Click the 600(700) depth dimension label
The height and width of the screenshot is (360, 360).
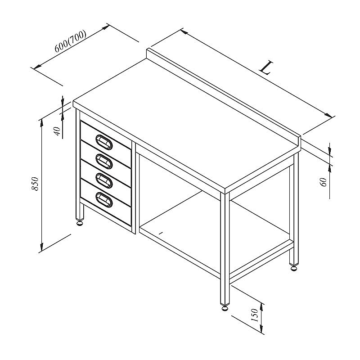(71, 41)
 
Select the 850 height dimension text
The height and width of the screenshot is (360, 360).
(36, 184)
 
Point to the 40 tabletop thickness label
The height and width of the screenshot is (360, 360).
(58, 131)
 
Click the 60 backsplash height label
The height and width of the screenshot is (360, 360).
(323, 182)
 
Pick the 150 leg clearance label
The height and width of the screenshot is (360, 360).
(255, 315)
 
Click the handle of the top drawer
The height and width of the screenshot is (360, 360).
(104, 142)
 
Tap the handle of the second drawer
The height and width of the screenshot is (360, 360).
(104, 162)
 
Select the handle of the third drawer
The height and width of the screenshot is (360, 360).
(104, 180)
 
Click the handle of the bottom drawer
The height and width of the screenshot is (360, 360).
(104, 199)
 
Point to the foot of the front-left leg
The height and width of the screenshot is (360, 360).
(80, 223)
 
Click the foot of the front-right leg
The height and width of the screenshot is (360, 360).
(225, 307)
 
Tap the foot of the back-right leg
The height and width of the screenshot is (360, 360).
(294, 268)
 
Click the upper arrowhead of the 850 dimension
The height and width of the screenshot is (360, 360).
(41, 123)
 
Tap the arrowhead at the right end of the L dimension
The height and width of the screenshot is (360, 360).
(328, 115)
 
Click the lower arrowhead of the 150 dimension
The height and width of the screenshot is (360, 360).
(261, 328)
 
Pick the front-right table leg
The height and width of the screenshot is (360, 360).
(225, 249)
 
